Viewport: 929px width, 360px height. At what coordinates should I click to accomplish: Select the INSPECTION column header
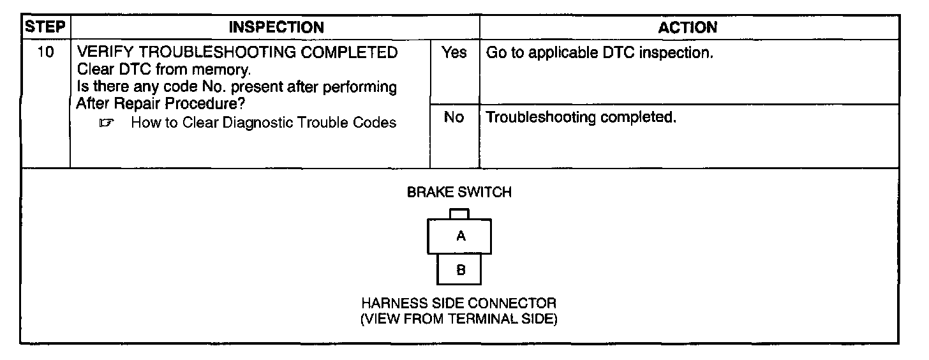(x=276, y=27)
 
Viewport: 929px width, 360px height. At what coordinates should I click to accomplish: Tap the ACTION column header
(x=688, y=27)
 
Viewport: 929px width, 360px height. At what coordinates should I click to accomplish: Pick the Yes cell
(x=454, y=53)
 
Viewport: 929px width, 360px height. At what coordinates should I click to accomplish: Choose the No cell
(x=454, y=118)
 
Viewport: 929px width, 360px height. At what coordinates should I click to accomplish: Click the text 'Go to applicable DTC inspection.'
(x=599, y=53)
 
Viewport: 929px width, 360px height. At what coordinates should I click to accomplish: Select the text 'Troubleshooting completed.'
(x=581, y=118)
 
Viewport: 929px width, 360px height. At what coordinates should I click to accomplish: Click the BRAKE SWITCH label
(x=459, y=192)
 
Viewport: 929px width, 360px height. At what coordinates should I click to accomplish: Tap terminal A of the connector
(x=460, y=237)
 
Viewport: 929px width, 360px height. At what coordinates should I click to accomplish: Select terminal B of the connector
(x=460, y=269)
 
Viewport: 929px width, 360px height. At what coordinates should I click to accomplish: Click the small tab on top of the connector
(x=459, y=214)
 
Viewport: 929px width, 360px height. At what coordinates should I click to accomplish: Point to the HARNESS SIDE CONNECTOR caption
(x=459, y=303)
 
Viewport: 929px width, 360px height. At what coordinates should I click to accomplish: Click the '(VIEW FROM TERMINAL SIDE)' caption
(x=459, y=319)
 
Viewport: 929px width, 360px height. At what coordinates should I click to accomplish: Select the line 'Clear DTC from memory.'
(x=160, y=70)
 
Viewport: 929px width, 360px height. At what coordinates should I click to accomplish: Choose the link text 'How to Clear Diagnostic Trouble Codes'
(x=263, y=123)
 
